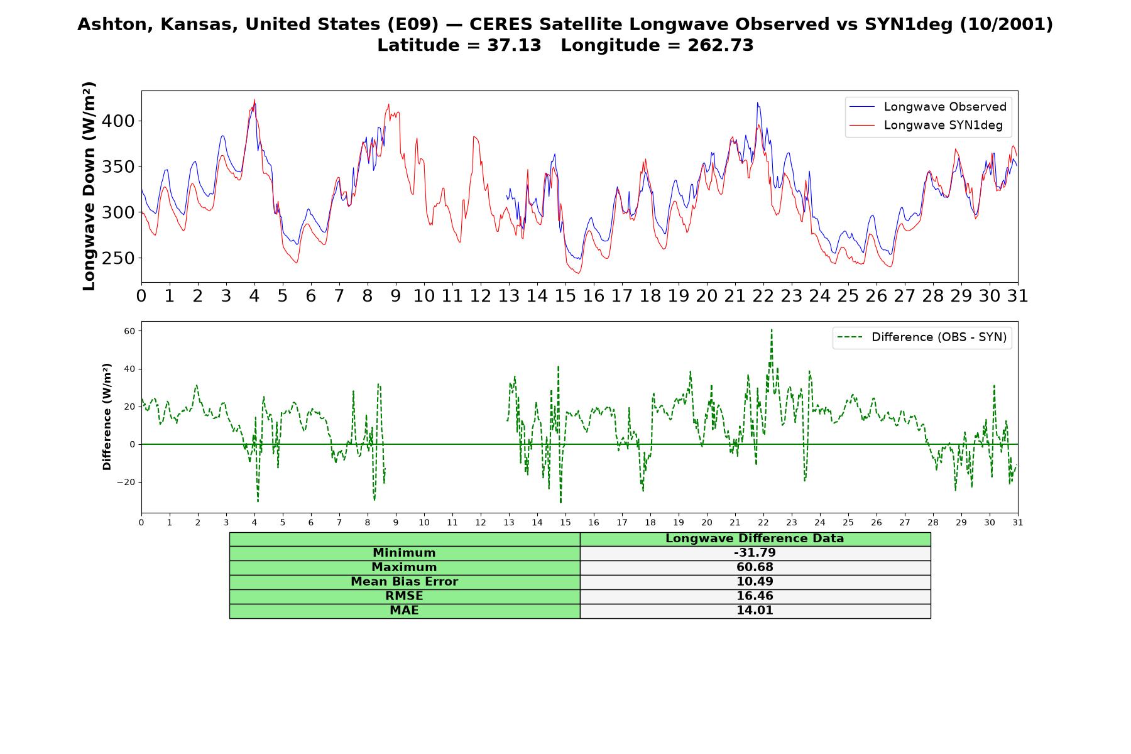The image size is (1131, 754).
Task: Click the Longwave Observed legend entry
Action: click(927, 107)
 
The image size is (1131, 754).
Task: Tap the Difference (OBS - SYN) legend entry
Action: click(922, 337)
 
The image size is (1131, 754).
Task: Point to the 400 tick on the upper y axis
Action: click(118, 121)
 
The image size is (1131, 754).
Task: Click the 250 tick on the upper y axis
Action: click(118, 258)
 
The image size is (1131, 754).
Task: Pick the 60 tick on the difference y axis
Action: click(130, 331)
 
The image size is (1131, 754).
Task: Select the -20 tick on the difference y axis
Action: click(126, 482)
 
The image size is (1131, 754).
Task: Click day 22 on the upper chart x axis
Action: click(763, 296)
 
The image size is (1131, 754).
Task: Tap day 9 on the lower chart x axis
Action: click(396, 523)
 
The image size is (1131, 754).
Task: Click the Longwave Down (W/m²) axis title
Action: click(89, 186)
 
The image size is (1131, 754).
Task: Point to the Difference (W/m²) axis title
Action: click(107, 417)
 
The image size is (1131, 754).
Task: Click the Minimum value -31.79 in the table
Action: click(755, 553)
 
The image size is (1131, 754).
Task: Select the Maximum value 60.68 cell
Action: click(755, 567)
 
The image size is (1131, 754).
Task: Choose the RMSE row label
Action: click(404, 596)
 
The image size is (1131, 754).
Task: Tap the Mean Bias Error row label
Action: click(404, 582)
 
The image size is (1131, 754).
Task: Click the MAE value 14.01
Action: click(755, 611)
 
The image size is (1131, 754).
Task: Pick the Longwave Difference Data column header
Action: click(755, 538)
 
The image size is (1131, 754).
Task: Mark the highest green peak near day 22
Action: click(772, 329)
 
